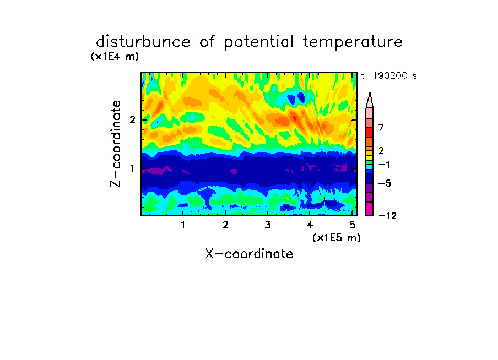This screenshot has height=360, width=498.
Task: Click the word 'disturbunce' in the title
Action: tap(143, 42)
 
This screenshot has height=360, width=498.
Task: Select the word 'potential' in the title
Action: tap(259, 42)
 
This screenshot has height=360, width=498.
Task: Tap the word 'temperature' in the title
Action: tap(353, 42)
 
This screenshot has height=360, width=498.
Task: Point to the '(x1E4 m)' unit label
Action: tap(115, 57)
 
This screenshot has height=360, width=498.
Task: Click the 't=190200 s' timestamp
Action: tap(389, 75)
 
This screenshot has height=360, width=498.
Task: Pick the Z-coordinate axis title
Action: tap(116, 144)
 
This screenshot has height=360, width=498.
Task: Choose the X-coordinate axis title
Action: tap(249, 254)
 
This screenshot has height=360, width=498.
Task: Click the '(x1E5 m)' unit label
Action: tap(337, 238)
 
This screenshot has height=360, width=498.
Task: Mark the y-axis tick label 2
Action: tap(132, 120)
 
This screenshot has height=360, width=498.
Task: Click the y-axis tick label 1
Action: tap(132, 168)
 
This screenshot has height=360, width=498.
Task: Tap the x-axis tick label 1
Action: tap(183, 225)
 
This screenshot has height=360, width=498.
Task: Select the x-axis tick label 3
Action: tap(268, 225)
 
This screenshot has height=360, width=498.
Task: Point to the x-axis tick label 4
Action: tap(310, 225)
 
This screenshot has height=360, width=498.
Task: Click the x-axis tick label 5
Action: tap(352, 225)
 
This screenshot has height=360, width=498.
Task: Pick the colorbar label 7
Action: tap(381, 127)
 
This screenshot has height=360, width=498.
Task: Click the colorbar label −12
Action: tap(387, 216)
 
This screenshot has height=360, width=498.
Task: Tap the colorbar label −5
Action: tap(385, 183)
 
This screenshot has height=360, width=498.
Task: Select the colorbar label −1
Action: tap(384, 165)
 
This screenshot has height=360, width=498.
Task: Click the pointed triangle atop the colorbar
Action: tap(370, 100)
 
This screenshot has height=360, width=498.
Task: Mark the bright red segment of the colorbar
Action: tap(370, 132)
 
